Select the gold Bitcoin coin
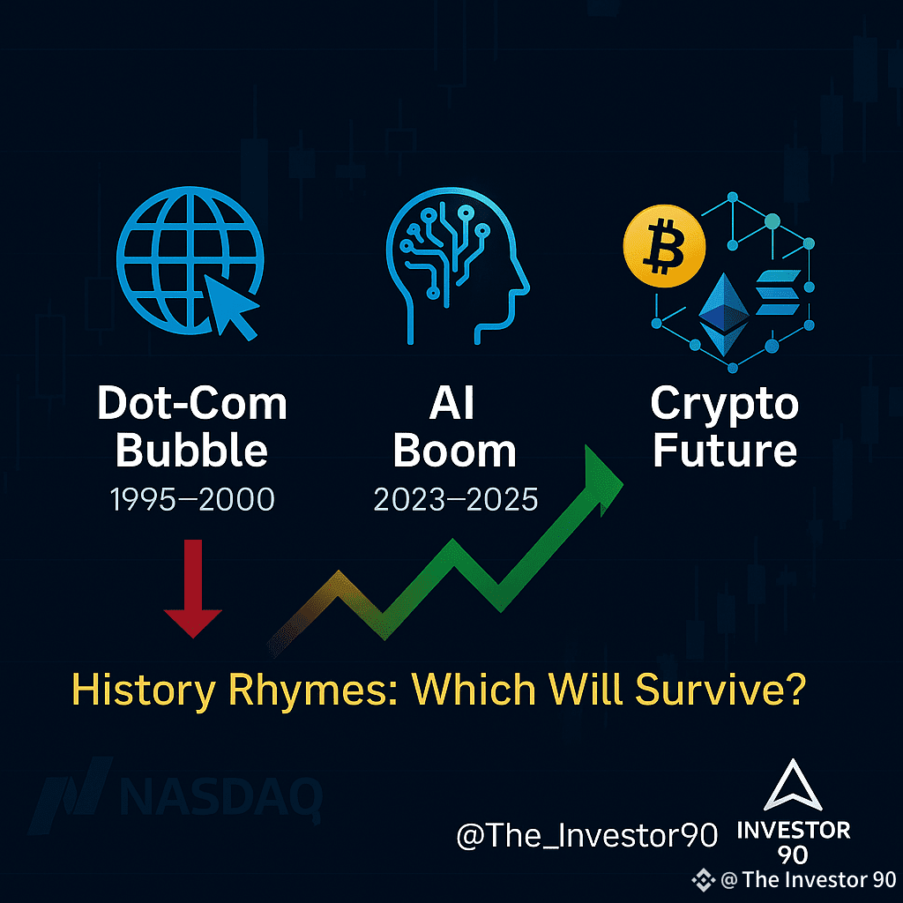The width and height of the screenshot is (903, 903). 664,245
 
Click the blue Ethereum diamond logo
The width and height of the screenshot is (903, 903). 723,315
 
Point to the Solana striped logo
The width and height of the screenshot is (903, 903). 778,292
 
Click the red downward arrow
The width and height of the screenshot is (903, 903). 193,588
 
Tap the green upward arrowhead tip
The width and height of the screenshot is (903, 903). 623,482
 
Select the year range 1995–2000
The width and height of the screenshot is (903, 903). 192,499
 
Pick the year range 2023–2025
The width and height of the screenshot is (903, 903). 456,499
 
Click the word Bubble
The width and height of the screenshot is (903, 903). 191,451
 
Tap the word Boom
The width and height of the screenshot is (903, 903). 455,451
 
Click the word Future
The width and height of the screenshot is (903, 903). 725,450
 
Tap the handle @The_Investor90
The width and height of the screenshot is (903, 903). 586,836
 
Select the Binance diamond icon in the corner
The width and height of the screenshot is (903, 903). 703,880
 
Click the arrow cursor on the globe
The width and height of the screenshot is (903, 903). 228,305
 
